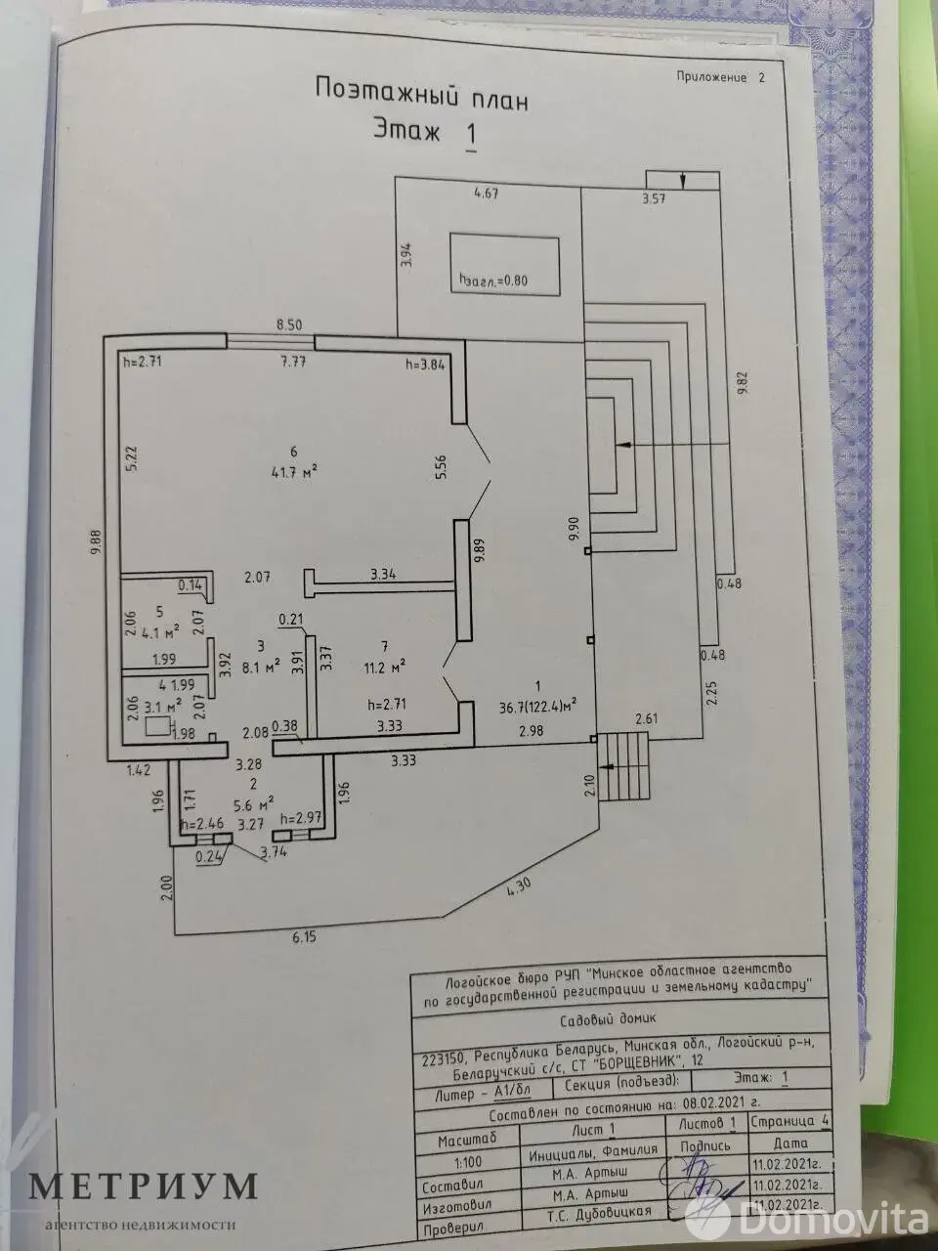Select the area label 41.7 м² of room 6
tap(293, 471)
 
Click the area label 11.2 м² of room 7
tap(385, 665)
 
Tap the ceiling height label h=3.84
tap(425, 365)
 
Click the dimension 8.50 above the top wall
tap(288, 324)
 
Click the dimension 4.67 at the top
tap(486, 194)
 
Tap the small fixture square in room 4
tap(154, 726)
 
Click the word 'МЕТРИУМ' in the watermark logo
tap(143, 1186)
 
